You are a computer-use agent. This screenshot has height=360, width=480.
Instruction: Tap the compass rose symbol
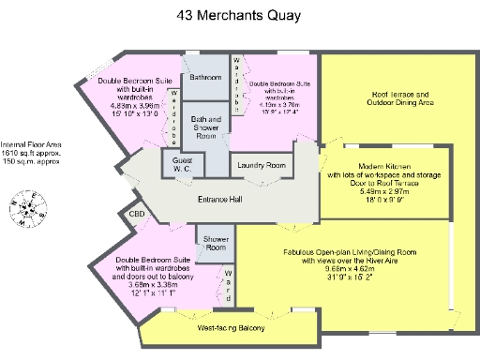[x=29, y=209]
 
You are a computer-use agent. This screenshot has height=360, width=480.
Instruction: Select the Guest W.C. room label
[x=180, y=166]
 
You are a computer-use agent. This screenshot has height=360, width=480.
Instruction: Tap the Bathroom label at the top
[x=204, y=77]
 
